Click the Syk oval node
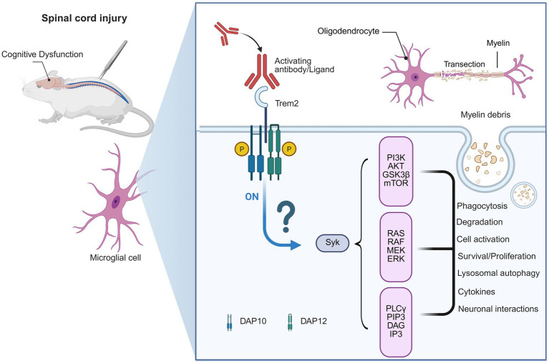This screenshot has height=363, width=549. pyautogui.click(x=332, y=243)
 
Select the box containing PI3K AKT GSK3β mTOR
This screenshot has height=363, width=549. pyautogui.click(x=396, y=171)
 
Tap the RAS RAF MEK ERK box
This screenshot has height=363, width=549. pyautogui.click(x=396, y=247)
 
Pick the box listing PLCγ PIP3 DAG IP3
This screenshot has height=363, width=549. pyautogui.click(x=396, y=322)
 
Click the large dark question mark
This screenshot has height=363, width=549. pyautogui.click(x=286, y=218)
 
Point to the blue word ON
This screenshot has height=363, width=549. pyautogui.click(x=252, y=197)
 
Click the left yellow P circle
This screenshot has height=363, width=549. pyautogui.click(x=242, y=149)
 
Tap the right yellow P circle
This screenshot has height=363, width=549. pyautogui.click(x=289, y=149)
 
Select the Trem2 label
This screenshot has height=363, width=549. pyautogui.click(x=286, y=104)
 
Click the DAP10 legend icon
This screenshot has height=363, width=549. pyautogui.click(x=229, y=322)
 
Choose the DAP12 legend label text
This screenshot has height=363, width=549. pyautogui.click(x=314, y=321)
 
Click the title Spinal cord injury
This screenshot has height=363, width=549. pyautogui.click(x=84, y=18)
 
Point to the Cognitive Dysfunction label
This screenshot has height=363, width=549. pyautogui.click(x=42, y=54)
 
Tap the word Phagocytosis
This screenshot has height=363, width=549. pyautogui.click(x=482, y=206)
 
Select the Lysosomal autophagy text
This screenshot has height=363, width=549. pyautogui.click(x=498, y=273)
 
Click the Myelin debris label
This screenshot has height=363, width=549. pyautogui.click(x=485, y=114)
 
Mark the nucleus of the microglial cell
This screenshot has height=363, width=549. pyautogui.click(x=116, y=202)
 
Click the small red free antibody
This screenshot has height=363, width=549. pyautogui.click(x=226, y=33)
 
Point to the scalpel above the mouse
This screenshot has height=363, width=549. pyautogui.click(x=113, y=59)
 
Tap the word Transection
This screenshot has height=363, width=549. pyautogui.click(x=465, y=64)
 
